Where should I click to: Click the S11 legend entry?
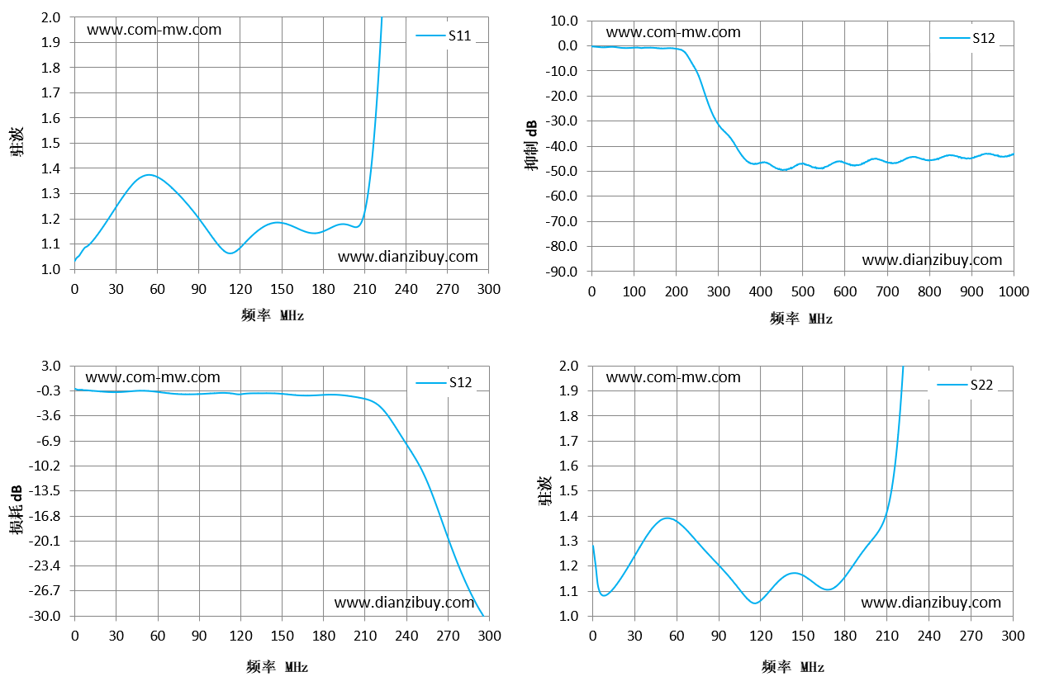click(444, 35)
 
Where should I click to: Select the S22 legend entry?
click(965, 385)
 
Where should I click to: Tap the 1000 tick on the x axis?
click(1014, 291)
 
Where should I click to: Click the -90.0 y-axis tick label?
click(562, 272)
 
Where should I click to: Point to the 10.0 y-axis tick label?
click(564, 21)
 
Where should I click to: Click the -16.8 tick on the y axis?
click(45, 516)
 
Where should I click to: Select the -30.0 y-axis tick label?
click(45, 616)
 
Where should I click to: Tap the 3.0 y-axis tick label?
click(50, 366)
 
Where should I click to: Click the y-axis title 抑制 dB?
click(531, 145)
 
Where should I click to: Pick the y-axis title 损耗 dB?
click(16, 509)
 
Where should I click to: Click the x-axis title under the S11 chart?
click(273, 315)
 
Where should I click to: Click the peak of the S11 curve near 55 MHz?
click(149, 175)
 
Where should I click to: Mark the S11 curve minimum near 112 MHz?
click(230, 253)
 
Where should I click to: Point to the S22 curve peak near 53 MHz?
click(667, 518)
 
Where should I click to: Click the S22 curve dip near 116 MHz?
click(755, 603)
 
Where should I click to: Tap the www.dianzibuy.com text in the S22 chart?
click(931, 603)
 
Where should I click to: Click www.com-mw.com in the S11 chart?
click(154, 30)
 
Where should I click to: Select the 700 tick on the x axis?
click(887, 291)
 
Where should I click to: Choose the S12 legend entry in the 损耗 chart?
click(444, 382)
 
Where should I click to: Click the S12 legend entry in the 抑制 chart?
click(967, 38)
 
